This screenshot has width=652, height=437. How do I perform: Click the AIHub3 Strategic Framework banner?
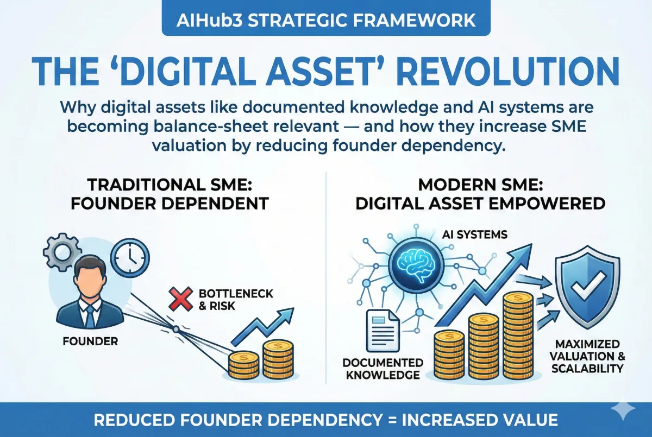pyautogui.click(x=326, y=21)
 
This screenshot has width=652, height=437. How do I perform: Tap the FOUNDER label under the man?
pyautogui.click(x=90, y=343)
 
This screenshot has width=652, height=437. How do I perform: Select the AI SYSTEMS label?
pyautogui.click(x=474, y=235)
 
